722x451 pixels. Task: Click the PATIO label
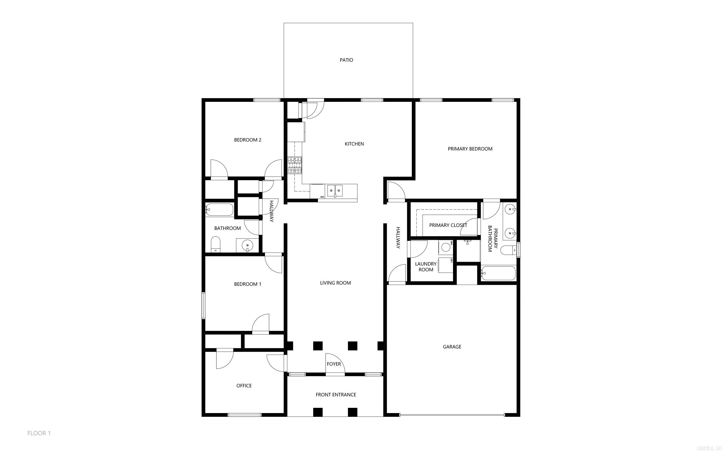(346, 60)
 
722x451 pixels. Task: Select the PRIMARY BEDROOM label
(470, 149)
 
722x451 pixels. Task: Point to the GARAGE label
(452, 347)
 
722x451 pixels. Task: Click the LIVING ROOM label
(335, 283)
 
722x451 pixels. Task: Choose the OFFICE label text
(244, 386)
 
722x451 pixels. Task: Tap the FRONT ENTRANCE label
(336, 395)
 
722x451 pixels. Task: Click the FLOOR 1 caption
(39, 433)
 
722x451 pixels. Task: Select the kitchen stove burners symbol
(295, 165)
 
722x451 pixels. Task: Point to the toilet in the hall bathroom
(216, 244)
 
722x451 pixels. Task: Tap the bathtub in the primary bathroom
(498, 273)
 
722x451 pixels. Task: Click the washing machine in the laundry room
(446, 247)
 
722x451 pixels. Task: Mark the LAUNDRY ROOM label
(426, 267)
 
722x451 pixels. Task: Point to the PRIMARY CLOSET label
(448, 225)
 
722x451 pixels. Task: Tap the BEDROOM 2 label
(247, 140)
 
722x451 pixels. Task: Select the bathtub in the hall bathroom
(219, 209)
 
